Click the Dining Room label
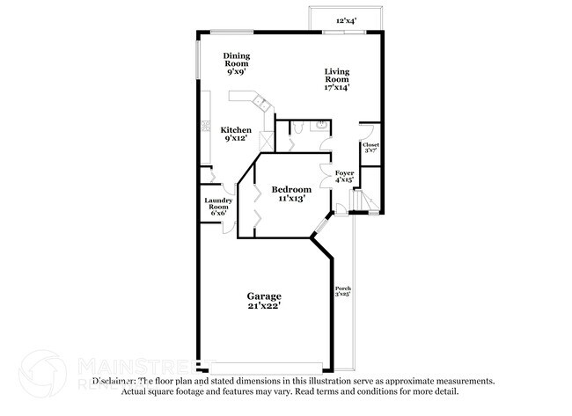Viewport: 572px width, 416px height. [x=235, y=60]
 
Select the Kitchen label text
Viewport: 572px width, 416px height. [x=236, y=129]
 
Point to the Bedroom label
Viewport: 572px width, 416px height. [x=290, y=190]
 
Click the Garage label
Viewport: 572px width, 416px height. [x=263, y=296]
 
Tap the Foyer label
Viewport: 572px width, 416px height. [x=344, y=173]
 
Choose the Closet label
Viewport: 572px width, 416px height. [x=370, y=144]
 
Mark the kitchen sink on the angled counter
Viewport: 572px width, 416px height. [x=262, y=104]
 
